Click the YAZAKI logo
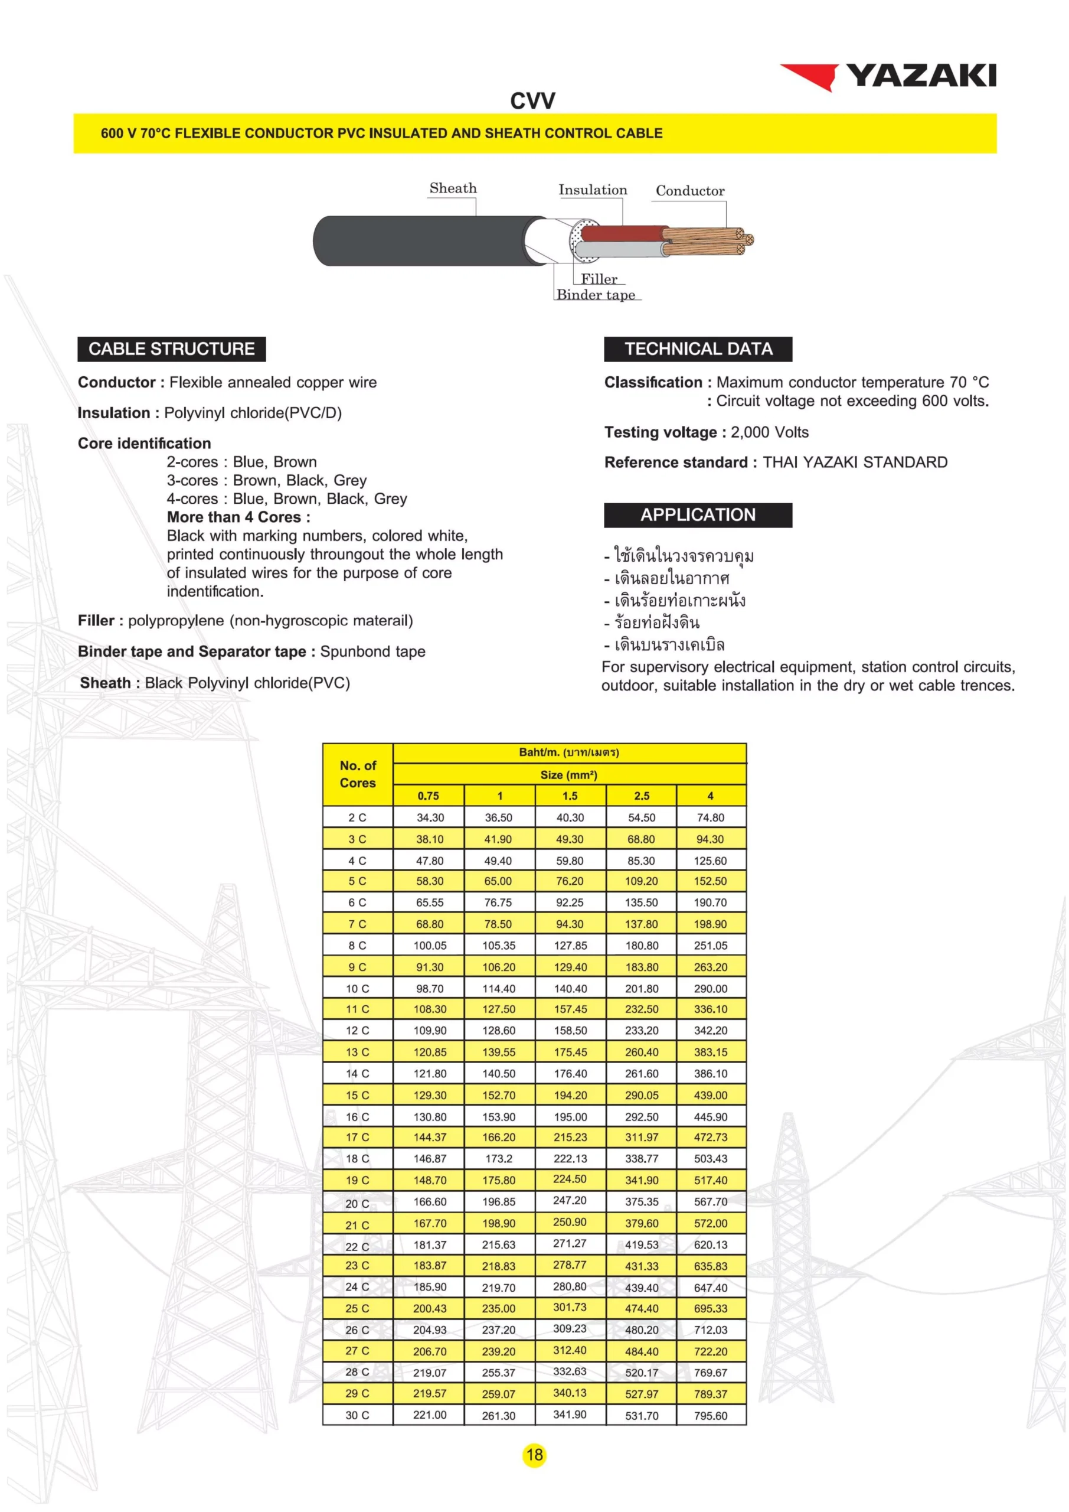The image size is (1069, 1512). click(x=888, y=76)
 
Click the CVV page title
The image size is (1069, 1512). click(x=532, y=102)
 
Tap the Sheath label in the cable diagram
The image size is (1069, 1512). click(x=453, y=188)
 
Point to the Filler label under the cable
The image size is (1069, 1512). click(x=599, y=279)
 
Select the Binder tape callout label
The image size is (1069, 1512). click(x=596, y=295)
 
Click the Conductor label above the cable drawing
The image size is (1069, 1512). click(x=690, y=191)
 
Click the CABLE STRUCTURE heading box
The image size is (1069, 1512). click(x=172, y=349)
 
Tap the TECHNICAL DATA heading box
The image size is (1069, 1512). click(x=698, y=349)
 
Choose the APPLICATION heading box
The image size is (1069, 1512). click(x=698, y=515)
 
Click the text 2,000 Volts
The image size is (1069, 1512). click(x=770, y=433)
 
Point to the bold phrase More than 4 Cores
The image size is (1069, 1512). click(x=238, y=517)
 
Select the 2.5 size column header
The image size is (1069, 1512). click(x=641, y=796)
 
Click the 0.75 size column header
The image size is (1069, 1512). click(x=429, y=796)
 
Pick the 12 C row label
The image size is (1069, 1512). click(x=358, y=1031)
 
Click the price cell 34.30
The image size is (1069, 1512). click(x=430, y=817)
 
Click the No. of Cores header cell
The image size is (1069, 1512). click(x=358, y=774)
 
